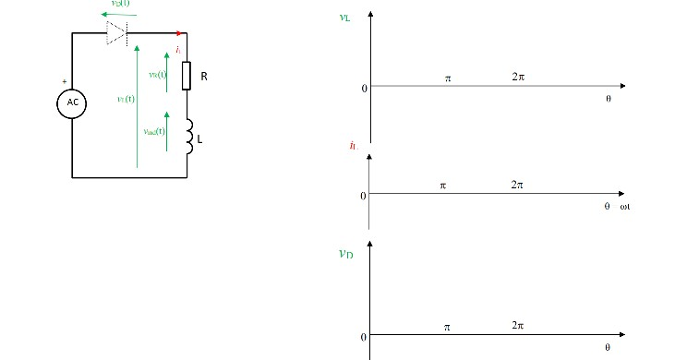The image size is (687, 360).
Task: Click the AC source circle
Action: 71,103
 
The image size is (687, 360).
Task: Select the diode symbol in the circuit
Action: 116,33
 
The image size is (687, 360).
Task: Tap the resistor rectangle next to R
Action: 187,76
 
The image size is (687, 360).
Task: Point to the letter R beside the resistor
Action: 204,77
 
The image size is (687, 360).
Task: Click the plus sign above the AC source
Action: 65,81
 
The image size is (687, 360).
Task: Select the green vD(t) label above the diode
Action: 120,5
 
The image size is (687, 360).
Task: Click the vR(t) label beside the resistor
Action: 157,75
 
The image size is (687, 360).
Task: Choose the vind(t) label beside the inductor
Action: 154,131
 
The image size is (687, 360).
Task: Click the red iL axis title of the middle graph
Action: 353,146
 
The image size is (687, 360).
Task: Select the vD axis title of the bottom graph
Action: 345,252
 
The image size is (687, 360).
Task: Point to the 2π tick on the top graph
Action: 517,78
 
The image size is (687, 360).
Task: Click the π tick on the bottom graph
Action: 447,328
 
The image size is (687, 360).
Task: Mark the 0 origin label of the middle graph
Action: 363,196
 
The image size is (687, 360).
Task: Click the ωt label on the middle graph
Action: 624,206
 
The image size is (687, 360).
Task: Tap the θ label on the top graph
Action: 608,98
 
